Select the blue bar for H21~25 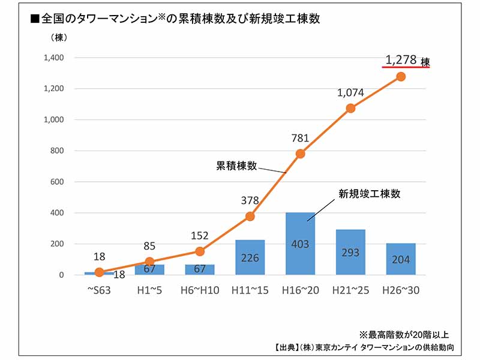(x=350, y=252)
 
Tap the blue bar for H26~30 (x=401, y=259)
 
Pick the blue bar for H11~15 (x=250, y=257)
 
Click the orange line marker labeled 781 (x=300, y=154)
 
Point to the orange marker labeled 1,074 (x=350, y=109)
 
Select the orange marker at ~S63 (x=100, y=272)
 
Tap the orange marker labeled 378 (x=250, y=217)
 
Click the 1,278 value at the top (x=401, y=60)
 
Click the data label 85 (x=150, y=246)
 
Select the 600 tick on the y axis (x=59, y=182)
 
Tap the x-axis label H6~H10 (x=200, y=290)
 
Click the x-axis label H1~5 (x=150, y=290)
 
